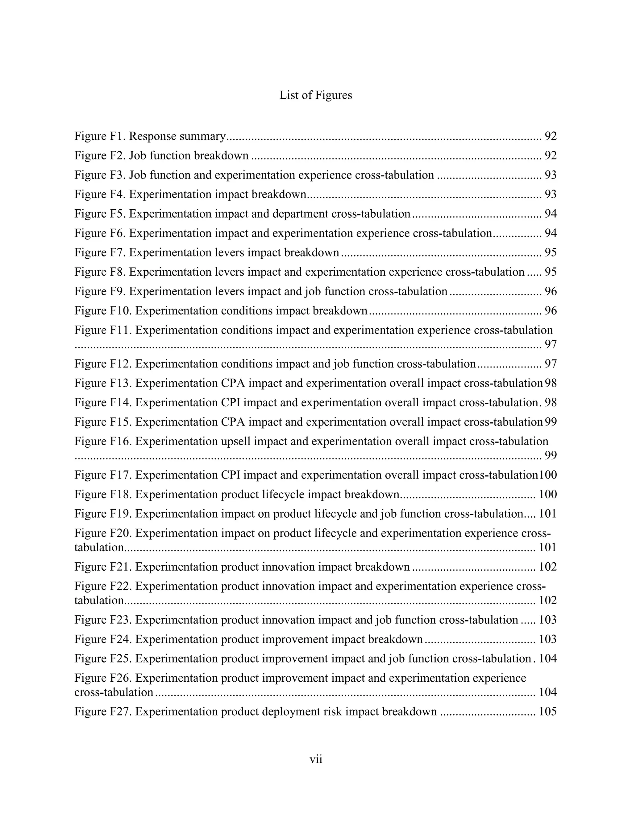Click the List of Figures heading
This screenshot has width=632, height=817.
click(x=316, y=95)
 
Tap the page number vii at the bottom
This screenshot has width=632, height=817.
click(x=316, y=759)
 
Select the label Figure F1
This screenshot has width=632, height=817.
click(x=100, y=136)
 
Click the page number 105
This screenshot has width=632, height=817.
click(x=548, y=711)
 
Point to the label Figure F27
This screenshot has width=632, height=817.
click(x=103, y=711)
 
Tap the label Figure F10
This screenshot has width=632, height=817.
click(x=103, y=310)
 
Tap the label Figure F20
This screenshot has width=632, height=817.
click(x=103, y=533)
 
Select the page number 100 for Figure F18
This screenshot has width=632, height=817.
click(x=548, y=494)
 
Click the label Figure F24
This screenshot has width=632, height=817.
click(x=103, y=639)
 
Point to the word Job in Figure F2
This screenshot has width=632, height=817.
click(x=137, y=156)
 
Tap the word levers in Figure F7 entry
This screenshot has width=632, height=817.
click(x=230, y=252)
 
